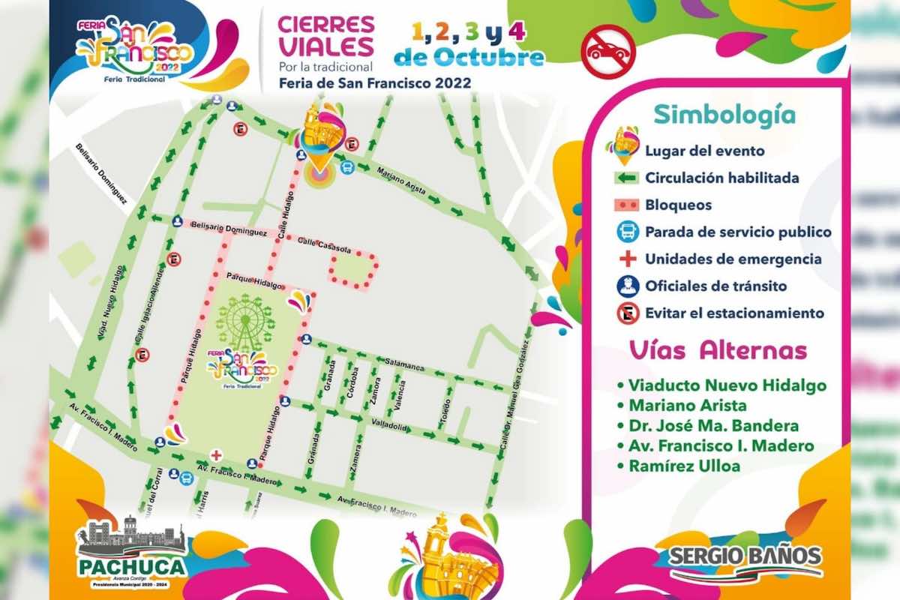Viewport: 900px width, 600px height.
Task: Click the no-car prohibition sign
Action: click(608, 52)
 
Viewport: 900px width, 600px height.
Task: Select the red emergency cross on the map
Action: click(216, 454)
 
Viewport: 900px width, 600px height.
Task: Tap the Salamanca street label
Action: click(405, 364)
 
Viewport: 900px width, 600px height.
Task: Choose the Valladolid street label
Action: click(388, 426)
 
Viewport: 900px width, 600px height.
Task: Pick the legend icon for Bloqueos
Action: click(626, 205)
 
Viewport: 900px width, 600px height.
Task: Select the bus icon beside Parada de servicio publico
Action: click(627, 232)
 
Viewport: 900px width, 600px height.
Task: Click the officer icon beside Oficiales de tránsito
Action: click(627, 286)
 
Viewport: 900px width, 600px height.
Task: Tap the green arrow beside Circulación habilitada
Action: click(626, 178)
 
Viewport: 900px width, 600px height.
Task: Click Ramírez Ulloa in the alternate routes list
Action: click(684, 466)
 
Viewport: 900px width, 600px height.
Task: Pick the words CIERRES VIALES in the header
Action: click(326, 35)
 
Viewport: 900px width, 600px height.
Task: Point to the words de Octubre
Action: click(469, 58)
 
